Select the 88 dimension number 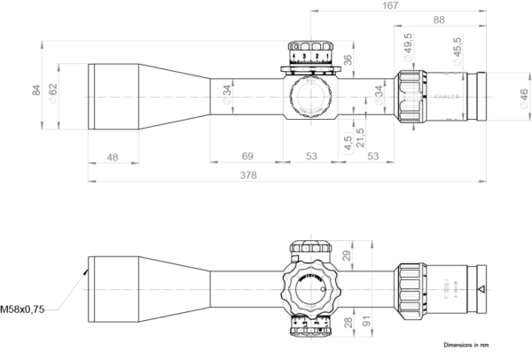point(439,20)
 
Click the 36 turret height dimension point(348,59)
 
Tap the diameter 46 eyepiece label point(523,94)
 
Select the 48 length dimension point(113,157)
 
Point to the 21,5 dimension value point(360,137)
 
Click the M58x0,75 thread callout point(23,309)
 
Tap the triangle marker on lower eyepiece point(480,289)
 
